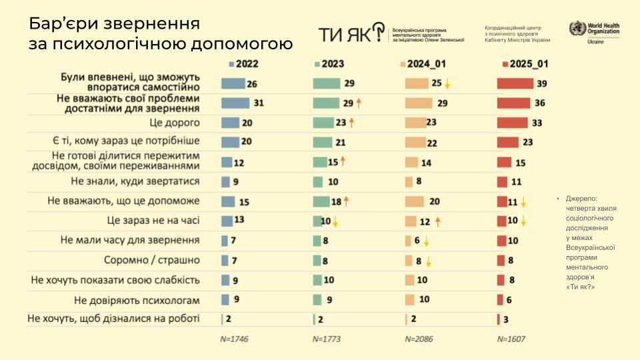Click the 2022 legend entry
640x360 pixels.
click(x=244, y=65)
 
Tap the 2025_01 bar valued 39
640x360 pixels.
click(x=515, y=83)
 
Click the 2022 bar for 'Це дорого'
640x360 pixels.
click(x=230, y=123)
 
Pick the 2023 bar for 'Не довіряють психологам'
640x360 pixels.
click(x=317, y=299)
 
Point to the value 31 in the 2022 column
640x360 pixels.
click(x=259, y=103)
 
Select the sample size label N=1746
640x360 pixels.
click(x=234, y=339)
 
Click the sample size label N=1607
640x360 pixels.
click(x=511, y=339)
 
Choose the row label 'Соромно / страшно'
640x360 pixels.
click(x=152, y=260)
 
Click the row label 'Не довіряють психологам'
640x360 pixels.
click(x=137, y=299)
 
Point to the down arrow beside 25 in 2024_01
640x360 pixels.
click(x=448, y=84)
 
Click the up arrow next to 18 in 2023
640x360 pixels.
click(x=347, y=201)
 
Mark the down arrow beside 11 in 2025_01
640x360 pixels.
click(x=524, y=201)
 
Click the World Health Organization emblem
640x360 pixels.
click(x=577, y=29)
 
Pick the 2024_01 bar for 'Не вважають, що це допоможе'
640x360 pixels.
click(x=414, y=201)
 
